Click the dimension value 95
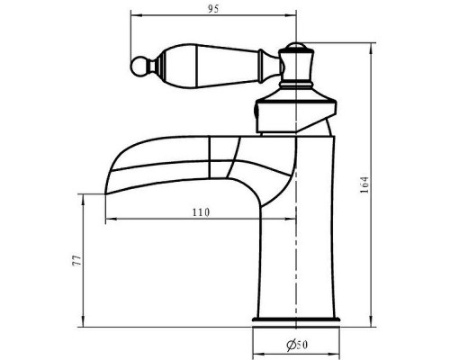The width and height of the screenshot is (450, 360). point(213,9)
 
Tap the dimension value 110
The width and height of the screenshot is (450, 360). point(201,212)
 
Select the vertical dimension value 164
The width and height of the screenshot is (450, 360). point(364,184)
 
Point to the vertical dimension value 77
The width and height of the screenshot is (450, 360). point(76,261)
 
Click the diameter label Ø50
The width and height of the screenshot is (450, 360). point(297,345)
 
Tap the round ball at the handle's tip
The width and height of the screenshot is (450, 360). point(139,67)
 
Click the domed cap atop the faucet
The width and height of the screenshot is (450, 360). point(296,46)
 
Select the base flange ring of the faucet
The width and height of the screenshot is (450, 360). point(296,319)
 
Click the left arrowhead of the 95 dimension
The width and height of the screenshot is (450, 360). point(135,14)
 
